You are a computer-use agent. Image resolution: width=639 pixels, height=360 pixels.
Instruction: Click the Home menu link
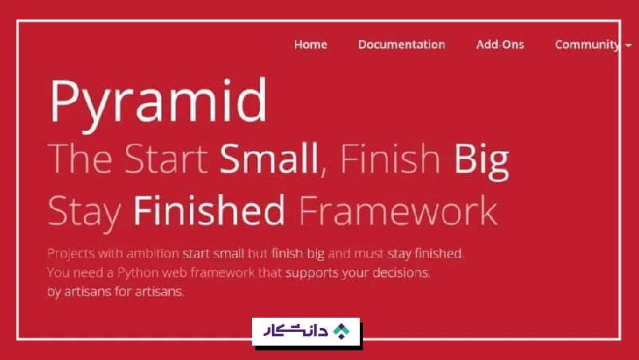point(310,45)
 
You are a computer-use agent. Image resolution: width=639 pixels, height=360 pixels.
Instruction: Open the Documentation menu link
point(401,45)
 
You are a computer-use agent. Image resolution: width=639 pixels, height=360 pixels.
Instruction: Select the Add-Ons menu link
point(500,45)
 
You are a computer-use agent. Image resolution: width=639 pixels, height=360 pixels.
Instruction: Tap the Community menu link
point(587,45)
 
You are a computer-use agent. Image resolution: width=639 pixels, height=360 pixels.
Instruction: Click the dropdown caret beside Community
point(629,45)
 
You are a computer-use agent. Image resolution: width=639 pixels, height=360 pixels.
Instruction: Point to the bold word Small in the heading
point(268,160)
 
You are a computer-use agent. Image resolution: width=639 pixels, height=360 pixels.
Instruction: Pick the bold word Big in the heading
point(481,160)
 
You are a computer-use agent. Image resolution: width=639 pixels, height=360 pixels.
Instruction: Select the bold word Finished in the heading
point(209,211)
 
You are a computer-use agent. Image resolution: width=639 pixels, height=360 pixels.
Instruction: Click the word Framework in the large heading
point(398,211)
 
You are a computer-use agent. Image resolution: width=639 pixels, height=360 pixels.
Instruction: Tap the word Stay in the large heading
point(85,211)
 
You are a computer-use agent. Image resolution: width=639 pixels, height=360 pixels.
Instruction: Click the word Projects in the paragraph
point(71,254)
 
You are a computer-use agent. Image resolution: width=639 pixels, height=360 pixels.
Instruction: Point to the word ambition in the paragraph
point(151,254)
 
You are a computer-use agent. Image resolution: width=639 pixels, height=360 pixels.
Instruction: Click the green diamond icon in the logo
point(341,331)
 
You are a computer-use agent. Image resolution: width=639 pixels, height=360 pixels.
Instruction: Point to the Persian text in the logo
point(297,331)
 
